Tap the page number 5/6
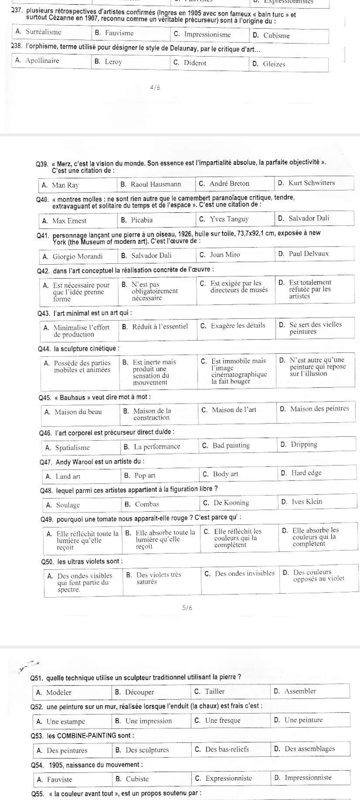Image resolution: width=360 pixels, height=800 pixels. click(187, 608)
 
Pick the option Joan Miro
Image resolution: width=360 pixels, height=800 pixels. click(224, 255)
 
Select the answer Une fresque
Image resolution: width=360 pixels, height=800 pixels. click(222, 720)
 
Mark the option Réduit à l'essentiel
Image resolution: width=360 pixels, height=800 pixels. click(160, 326)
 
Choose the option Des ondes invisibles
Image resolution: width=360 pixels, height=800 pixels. click(244, 573)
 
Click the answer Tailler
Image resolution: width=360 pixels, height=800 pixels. click(215, 691)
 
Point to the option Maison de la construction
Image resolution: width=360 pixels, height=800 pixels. click(152, 414)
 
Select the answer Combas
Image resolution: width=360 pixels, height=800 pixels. click(147, 504)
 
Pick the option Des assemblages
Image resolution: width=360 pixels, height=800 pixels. click(309, 749)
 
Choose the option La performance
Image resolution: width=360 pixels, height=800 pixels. click(157, 447)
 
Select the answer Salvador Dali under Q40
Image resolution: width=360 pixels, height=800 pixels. click(309, 218)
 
